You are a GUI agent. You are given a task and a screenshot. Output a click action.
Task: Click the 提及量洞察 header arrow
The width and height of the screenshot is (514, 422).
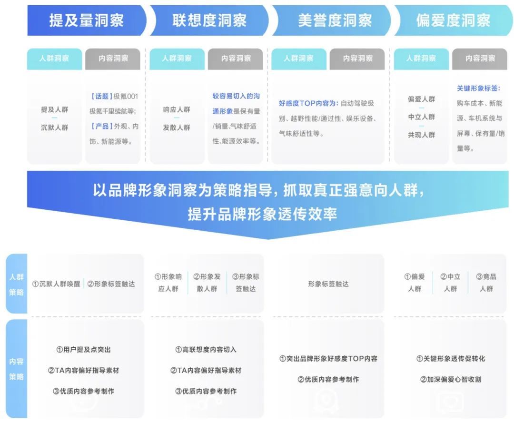pyautogui.click(x=87, y=20)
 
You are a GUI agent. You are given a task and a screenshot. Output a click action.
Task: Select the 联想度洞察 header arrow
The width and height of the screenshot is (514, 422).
pyautogui.click(x=209, y=20)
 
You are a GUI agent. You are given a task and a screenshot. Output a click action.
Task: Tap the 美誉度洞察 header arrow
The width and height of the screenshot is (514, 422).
pyautogui.click(x=331, y=20)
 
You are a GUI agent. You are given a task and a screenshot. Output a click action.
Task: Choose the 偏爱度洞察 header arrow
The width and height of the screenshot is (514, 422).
pyautogui.click(x=454, y=20)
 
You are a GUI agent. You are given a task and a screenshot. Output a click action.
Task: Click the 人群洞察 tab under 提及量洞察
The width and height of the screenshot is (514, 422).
pyautogui.click(x=54, y=59)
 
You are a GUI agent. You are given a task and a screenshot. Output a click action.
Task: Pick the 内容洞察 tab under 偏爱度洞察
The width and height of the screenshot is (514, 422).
pyautogui.click(x=480, y=59)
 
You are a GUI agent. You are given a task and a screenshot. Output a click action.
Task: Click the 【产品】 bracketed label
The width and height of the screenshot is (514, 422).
pyautogui.click(x=101, y=127)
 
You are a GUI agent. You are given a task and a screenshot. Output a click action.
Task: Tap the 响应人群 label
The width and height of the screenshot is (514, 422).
pyautogui.click(x=177, y=109)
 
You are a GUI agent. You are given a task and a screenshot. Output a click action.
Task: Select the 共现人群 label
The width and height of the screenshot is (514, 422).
pyautogui.click(x=422, y=135)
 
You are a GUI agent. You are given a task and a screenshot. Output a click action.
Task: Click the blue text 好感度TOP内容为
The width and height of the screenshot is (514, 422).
pyautogui.click(x=308, y=103)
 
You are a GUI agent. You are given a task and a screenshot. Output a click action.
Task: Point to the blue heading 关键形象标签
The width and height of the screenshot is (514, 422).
pyautogui.click(x=479, y=88)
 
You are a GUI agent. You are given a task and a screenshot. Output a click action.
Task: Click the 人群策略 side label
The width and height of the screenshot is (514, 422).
pyautogui.click(x=16, y=285)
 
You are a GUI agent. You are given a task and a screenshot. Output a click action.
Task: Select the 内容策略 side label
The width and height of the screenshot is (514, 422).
pyautogui.click(x=16, y=369)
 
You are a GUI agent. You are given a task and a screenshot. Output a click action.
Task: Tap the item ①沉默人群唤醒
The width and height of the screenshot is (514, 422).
pyautogui.click(x=56, y=284)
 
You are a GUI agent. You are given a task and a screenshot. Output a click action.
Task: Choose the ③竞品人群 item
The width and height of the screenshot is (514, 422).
pyautogui.click(x=486, y=283)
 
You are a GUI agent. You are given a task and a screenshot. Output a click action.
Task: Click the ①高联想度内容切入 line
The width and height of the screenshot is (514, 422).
pyautogui.click(x=206, y=350)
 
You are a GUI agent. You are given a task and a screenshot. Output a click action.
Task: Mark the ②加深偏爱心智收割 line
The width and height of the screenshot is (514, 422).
pyautogui.click(x=451, y=379)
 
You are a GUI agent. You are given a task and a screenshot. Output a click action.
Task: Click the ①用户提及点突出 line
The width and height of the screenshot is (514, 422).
pyautogui.click(x=84, y=350)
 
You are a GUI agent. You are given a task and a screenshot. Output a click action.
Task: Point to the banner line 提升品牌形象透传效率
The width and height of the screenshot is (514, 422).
pyautogui.click(x=262, y=214)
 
